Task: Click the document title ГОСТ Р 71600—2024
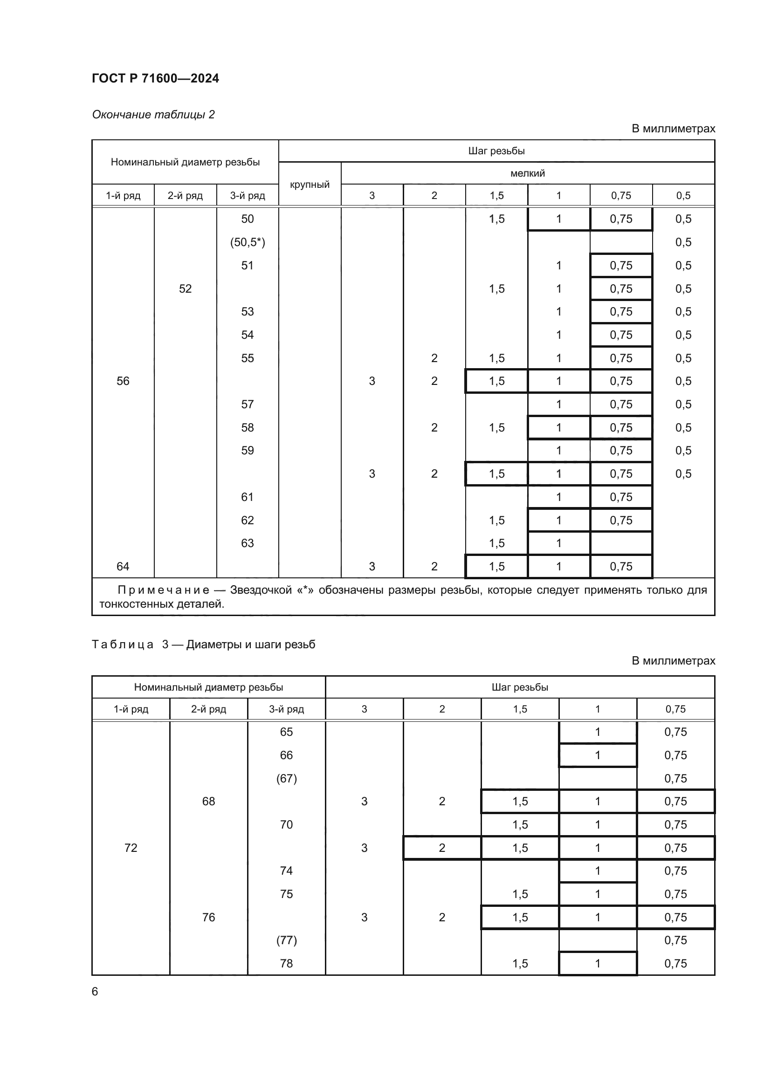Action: tap(155, 78)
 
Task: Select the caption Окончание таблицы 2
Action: tap(153, 115)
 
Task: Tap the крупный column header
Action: tap(310, 184)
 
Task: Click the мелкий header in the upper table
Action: tap(528, 173)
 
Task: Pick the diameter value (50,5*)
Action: tap(248, 242)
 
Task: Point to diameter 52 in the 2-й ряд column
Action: tap(185, 288)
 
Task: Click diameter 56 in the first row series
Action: tap(123, 381)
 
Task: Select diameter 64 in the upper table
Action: tap(123, 566)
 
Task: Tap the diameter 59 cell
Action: tap(248, 450)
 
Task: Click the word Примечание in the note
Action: tap(163, 590)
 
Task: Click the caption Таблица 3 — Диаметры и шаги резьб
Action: tap(203, 644)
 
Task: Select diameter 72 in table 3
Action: tap(131, 848)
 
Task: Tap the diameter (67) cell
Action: tap(286, 779)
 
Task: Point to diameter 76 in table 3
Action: tap(208, 917)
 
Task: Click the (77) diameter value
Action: tap(286, 940)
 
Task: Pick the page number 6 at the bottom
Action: tap(95, 991)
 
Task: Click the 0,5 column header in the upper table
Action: tap(683, 196)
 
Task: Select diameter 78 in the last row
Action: tap(286, 963)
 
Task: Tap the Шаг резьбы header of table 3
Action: tap(520, 687)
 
